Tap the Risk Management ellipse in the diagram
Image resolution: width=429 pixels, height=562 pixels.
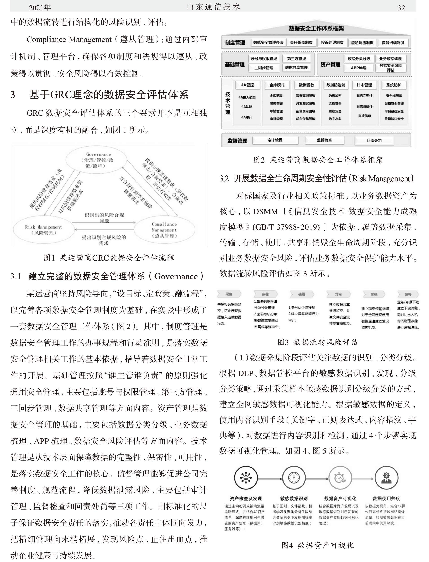pyautogui.click(x=43, y=230)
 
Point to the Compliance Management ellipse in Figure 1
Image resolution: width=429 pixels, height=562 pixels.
pyautogui.click(x=164, y=230)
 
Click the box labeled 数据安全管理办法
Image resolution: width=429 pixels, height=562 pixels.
pyautogui.click(x=268, y=43)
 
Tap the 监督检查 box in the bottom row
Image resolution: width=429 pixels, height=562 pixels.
pyautogui.click(x=324, y=140)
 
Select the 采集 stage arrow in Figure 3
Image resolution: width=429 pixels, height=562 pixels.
pyautogui.click(x=229, y=294)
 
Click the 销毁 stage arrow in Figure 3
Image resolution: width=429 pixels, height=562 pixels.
pyautogui.click(x=408, y=294)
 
